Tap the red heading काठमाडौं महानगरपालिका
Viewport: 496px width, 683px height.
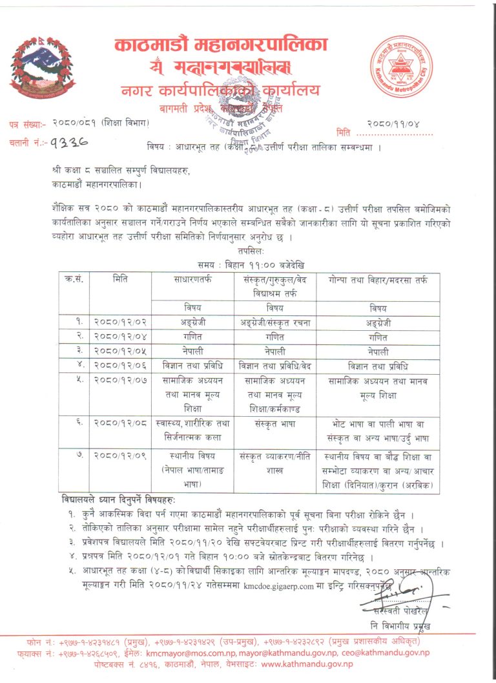pyautogui.click(x=221, y=45)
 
